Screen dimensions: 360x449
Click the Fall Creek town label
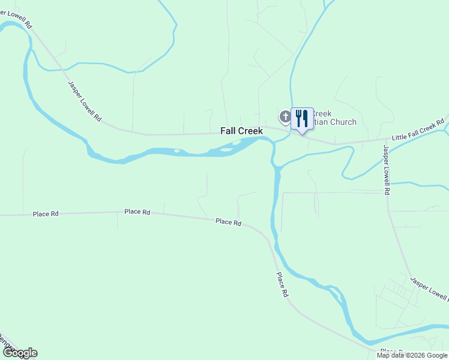(241, 130)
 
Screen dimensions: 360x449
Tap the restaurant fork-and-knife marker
(302, 118)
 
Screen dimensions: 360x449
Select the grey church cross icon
(284, 116)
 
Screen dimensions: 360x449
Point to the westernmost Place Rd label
(46, 214)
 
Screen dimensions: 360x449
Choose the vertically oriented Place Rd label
(282, 286)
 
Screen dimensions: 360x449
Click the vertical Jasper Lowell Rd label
(387, 170)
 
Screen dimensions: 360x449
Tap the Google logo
(20, 353)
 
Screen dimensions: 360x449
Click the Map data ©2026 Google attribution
(412, 355)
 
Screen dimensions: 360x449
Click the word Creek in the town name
(250, 130)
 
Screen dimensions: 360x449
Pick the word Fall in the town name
(228, 130)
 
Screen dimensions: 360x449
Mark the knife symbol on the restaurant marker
(306, 118)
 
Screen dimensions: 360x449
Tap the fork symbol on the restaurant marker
(298, 118)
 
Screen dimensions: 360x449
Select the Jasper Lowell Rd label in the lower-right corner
(429, 289)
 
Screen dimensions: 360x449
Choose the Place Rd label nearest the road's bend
(228, 222)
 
